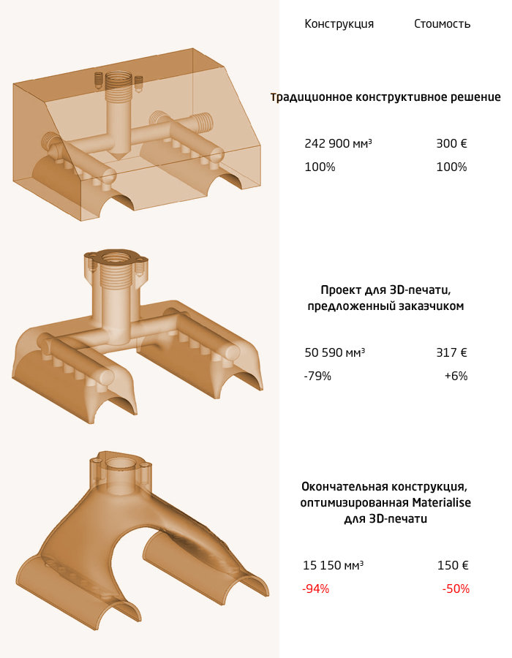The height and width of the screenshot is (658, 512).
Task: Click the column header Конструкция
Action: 339,24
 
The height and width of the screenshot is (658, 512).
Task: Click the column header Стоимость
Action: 442,24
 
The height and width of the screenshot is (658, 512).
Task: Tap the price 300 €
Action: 451,143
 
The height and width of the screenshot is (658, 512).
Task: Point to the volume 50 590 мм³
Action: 334,352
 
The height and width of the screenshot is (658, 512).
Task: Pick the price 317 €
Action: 451,352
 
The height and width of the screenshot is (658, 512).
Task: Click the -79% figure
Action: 317,376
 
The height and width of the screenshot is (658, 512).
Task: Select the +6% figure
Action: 455,376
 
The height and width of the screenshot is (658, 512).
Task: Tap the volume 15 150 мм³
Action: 334,565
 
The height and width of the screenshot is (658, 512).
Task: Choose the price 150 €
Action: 453,565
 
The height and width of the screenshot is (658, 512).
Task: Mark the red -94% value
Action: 315,589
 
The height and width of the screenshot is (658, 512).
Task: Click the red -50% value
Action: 456,589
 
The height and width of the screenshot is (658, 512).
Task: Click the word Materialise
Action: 441,503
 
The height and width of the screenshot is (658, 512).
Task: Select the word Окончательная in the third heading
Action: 343,486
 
